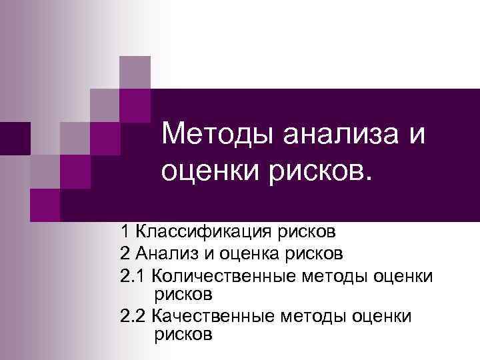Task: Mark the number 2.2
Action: pos(133,314)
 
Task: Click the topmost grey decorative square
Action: pos(135,71)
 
